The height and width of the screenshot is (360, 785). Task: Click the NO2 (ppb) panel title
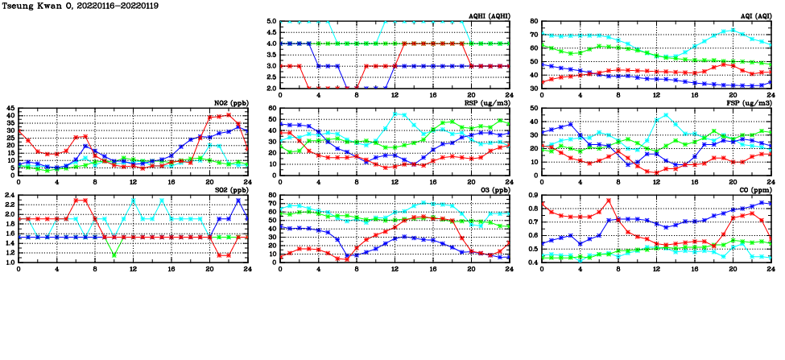click(x=231, y=103)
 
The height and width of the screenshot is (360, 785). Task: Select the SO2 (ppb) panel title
click(x=231, y=190)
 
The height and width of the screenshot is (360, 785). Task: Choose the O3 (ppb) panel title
click(x=494, y=190)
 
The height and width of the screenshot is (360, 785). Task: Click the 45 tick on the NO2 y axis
click(x=10, y=109)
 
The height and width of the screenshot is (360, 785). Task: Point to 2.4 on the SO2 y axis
click(x=10, y=196)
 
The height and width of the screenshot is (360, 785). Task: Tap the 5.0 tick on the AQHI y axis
click(x=271, y=22)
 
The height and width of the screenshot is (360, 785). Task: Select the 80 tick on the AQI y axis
click(x=534, y=22)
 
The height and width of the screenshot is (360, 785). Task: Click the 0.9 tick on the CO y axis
click(x=532, y=196)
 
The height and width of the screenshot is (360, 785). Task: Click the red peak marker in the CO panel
click(x=609, y=201)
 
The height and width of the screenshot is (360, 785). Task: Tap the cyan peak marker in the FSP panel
click(x=665, y=114)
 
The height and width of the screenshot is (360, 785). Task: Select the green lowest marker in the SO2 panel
click(x=114, y=256)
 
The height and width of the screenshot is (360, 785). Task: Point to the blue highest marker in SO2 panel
click(x=238, y=201)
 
